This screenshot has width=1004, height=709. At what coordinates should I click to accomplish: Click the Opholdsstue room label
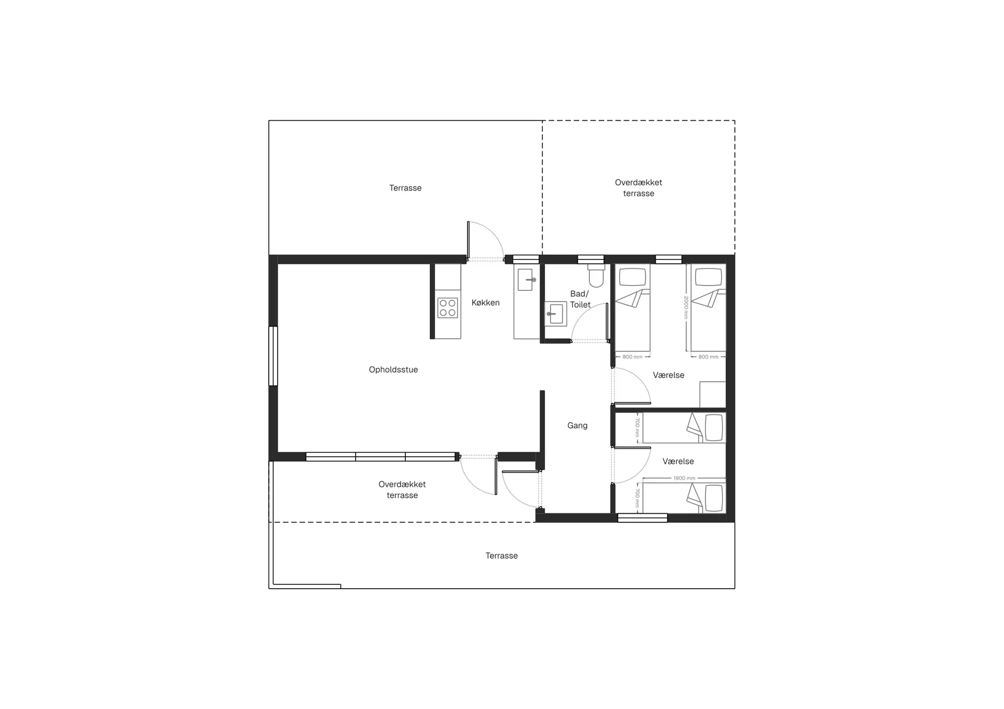point(393,370)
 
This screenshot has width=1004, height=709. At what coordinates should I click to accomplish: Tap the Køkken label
point(485,302)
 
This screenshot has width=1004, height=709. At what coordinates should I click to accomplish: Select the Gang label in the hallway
point(577,426)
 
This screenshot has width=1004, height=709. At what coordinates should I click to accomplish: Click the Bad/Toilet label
point(580,299)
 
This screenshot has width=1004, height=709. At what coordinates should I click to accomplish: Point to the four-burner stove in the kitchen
point(448,308)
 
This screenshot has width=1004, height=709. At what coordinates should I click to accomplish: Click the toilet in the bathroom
point(596,275)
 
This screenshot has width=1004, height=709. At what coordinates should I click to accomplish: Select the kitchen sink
point(526,280)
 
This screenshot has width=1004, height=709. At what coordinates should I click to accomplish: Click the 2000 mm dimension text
point(686,307)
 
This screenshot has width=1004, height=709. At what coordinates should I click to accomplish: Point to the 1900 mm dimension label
point(684,478)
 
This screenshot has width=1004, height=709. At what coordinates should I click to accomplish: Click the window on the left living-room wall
point(273,356)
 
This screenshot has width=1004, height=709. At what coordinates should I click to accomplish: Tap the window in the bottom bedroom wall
point(643,518)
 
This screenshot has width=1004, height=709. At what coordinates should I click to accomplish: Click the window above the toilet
point(591,260)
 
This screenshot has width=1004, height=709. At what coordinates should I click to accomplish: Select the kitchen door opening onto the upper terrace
point(486,242)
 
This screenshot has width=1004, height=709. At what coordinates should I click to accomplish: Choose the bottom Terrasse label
point(501,556)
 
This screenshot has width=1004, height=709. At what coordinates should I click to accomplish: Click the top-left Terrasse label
point(405,188)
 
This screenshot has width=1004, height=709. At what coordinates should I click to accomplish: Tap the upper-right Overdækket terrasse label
point(638,188)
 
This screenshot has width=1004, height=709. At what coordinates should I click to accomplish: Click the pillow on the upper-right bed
point(709,277)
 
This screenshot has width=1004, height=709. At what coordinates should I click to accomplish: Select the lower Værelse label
point(678,462)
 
